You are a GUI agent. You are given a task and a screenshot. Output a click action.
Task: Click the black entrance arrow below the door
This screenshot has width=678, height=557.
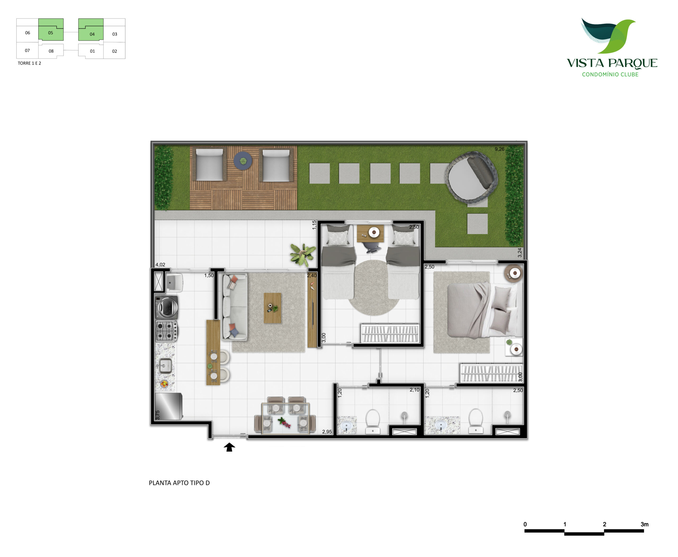(229, 447)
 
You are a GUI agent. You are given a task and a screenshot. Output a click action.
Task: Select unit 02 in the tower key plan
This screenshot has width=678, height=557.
(114, 51)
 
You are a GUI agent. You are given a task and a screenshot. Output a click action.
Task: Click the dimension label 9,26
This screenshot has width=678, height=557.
(499, 149)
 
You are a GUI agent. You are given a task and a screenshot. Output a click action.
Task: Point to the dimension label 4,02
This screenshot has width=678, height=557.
(160, 265)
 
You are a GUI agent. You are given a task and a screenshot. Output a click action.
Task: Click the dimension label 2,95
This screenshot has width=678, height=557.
(327, 432)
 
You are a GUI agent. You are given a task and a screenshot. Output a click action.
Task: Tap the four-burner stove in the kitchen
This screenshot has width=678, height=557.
(166, 331)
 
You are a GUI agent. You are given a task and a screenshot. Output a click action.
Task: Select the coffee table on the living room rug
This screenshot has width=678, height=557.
(273, 308)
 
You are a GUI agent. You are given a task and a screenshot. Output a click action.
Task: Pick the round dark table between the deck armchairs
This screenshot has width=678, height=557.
(243, 161)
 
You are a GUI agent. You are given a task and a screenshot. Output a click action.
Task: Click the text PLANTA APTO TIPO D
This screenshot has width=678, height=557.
(179, 483)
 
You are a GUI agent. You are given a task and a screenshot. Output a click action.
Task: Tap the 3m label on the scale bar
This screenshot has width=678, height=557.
(644, 524)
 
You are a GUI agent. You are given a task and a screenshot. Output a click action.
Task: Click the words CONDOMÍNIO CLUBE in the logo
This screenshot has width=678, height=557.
(610, 74)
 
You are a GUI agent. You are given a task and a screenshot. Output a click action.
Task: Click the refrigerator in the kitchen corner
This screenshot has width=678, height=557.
(169, 406)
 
